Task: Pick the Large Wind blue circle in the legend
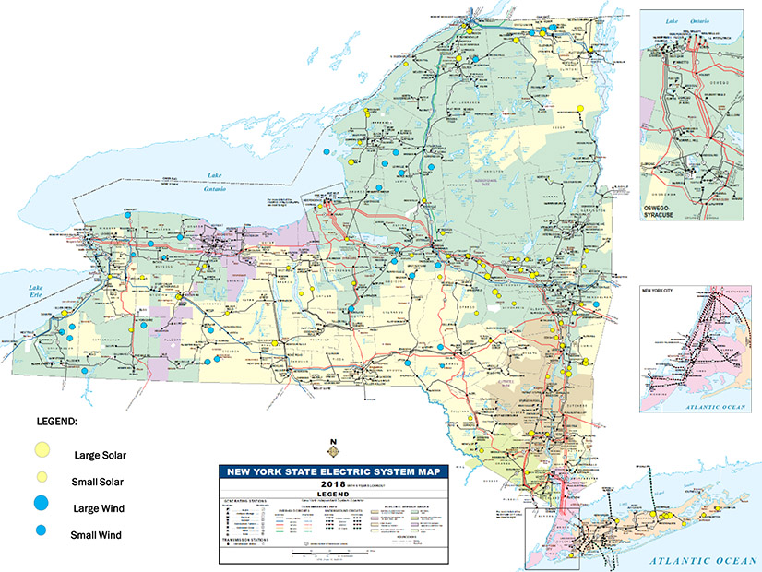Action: pyautogui.click(x=42, y=505)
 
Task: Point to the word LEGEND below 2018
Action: pyautogui.click(x=329, y=492)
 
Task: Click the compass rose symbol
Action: pyautogui.click(x=332, y=451)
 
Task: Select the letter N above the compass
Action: pyautogui.click(x=332, y=440)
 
